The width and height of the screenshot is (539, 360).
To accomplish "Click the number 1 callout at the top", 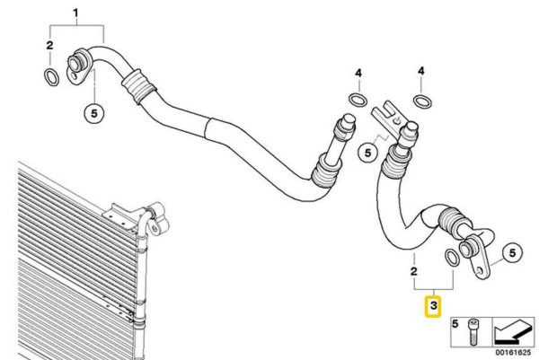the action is (75, 13).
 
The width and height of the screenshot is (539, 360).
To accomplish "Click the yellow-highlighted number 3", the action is (433, 305).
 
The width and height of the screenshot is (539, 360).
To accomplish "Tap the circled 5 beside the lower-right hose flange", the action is (512, 253).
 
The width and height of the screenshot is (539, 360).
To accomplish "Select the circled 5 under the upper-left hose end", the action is (94, 113).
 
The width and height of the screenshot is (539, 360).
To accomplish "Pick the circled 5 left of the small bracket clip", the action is (367, 153).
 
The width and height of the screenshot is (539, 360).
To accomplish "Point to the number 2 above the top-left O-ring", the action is (49, 45).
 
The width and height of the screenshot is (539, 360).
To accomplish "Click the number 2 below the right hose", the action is (414, 271).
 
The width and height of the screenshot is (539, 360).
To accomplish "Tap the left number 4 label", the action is (358, 73).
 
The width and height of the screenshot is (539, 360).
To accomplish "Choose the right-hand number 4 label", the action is (421, 71).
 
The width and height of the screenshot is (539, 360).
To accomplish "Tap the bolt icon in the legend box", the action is (473, 332).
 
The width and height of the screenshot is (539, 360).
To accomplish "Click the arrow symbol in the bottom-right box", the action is (514, 332).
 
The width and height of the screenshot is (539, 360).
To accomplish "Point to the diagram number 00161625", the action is (513, 353).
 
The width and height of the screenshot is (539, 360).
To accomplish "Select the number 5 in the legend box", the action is (455, 323).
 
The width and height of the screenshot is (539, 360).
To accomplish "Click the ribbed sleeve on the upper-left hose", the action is (137, 86).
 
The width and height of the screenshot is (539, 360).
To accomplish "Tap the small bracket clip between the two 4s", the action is (386, 117).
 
